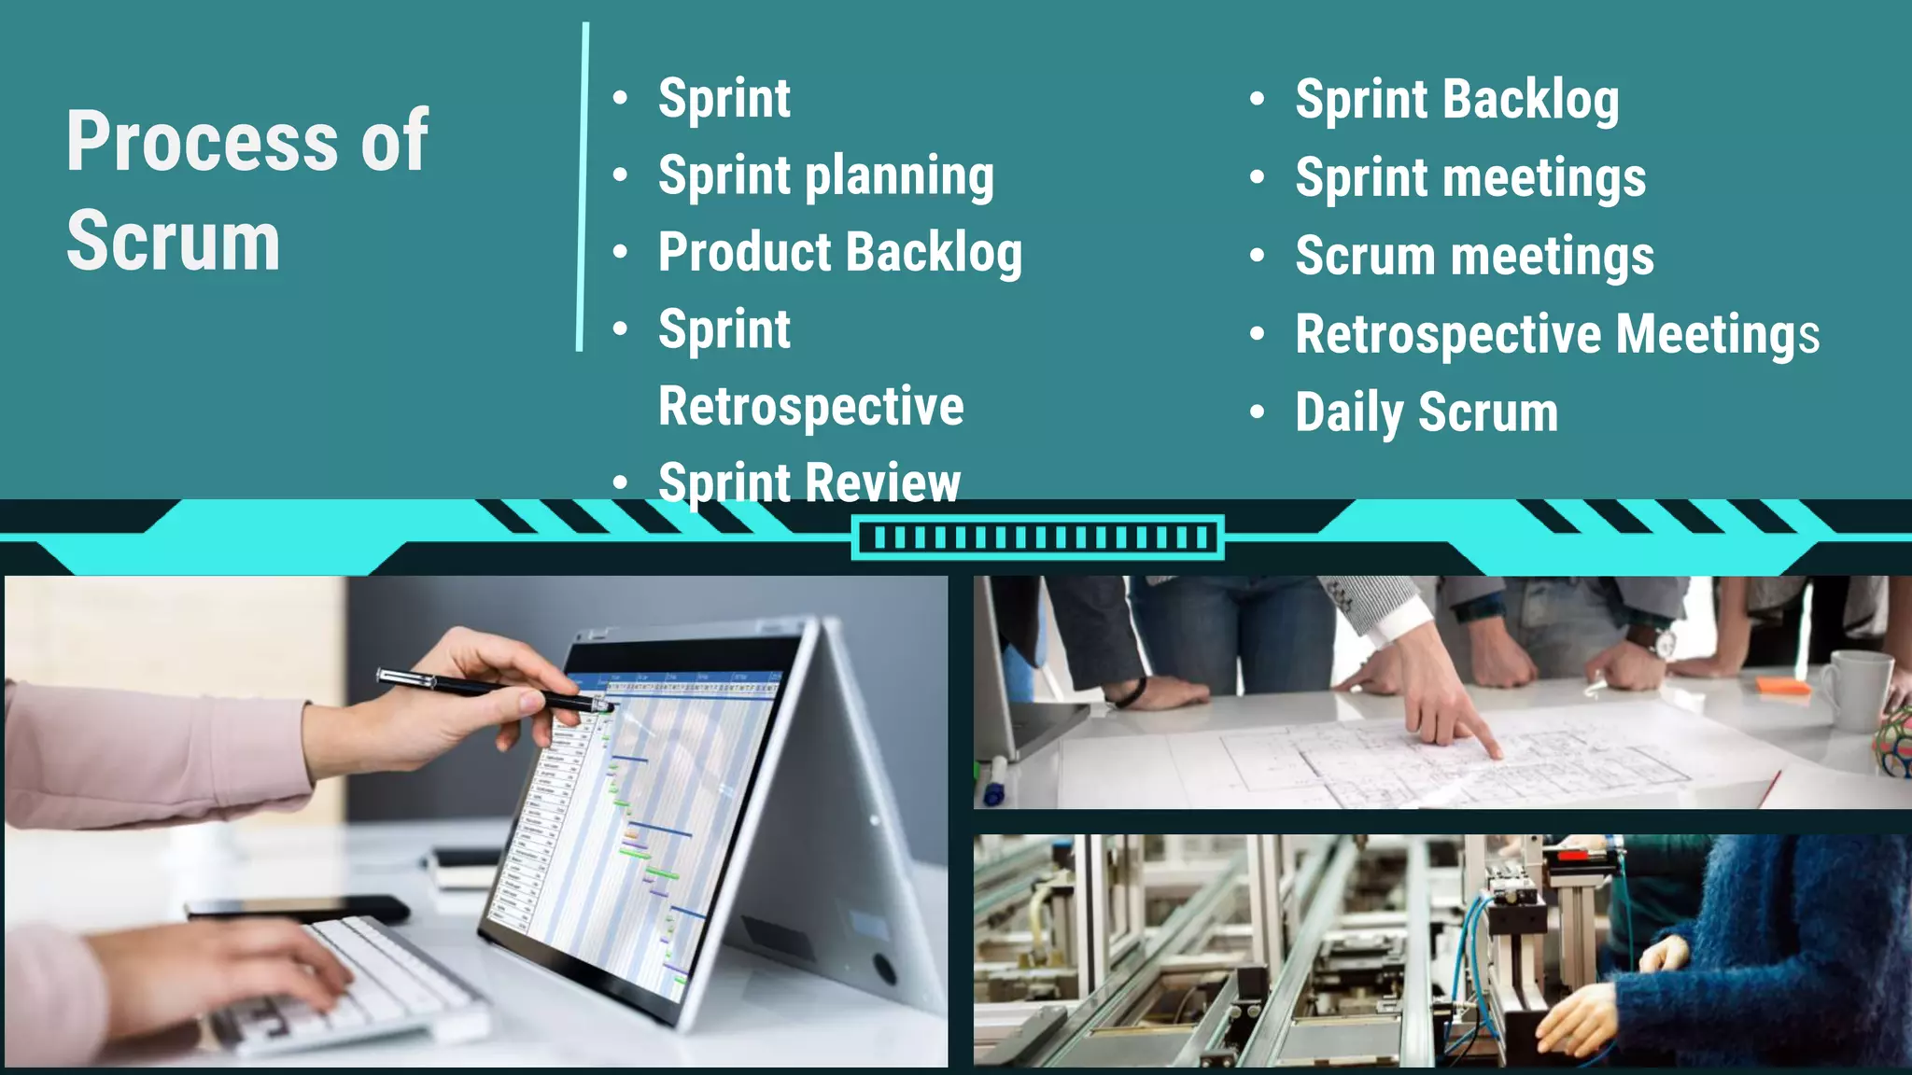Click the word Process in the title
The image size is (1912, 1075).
(x=202, y=142)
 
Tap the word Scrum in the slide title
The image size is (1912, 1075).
(x=174, y=242)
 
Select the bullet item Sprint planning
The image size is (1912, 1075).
(x=825, y=176)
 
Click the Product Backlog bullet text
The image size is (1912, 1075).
(x=839, y=253)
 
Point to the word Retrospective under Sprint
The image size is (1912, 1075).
(x=810, y=407)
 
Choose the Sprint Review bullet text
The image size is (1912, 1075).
(x=808, y=482)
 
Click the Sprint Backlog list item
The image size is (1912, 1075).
(x=1456, y=100)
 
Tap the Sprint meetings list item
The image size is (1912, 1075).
(x=1470, y=178)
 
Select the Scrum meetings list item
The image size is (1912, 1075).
(x=1474, y=257)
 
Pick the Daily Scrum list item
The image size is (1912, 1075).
(x=1427, y=412)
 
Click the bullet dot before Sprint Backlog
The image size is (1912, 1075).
(x=1258, y=99)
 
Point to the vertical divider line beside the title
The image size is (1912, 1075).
(x=583, y=187)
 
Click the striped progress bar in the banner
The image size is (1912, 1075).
(x=1037, y=537)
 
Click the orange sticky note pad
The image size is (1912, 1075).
(x=1782, y=686)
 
